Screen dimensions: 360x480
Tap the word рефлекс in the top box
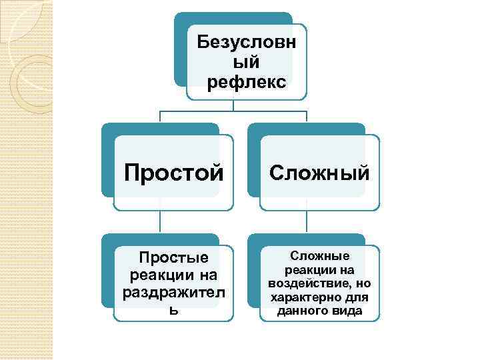247,83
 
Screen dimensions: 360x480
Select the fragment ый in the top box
247,63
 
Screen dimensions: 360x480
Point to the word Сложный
319,173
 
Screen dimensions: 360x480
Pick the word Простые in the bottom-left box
173,257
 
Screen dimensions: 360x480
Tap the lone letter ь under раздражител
173,310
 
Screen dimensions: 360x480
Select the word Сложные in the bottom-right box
319,256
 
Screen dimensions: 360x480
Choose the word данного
299,311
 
